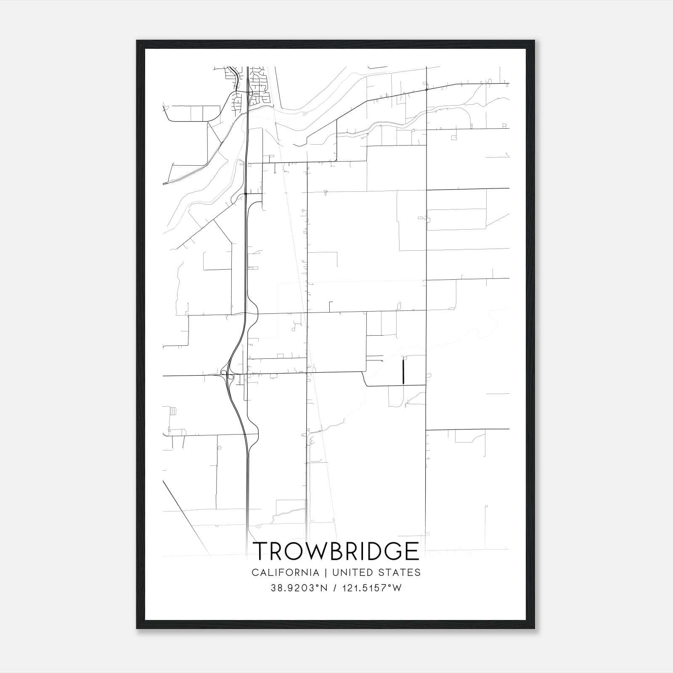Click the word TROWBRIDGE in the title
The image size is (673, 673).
[336, 551]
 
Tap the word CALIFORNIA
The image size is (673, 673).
[285, 572]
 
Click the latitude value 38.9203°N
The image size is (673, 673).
[299, 588]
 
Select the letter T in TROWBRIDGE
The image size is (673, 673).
[262, 551]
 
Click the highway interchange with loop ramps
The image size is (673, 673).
[228, 374]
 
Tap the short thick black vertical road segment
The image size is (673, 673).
[403, 371]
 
